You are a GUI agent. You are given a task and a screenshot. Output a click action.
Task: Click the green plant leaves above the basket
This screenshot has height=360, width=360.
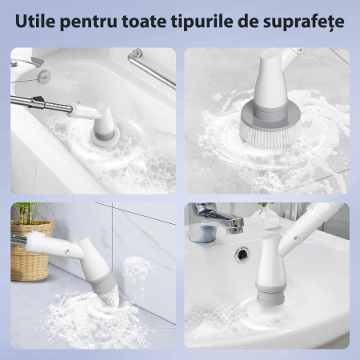pyautogui.click(x=26, y=213)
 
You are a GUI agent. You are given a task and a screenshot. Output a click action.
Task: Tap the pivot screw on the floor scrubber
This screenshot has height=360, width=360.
pyautogui.click(x=66, y=250)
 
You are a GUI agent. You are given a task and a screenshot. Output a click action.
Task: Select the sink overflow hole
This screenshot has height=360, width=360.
pyautogui.click(x=242, y=254)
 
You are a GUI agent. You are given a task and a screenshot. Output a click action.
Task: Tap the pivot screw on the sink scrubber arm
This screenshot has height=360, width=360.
pyautogui.click(x=296, y=238)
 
